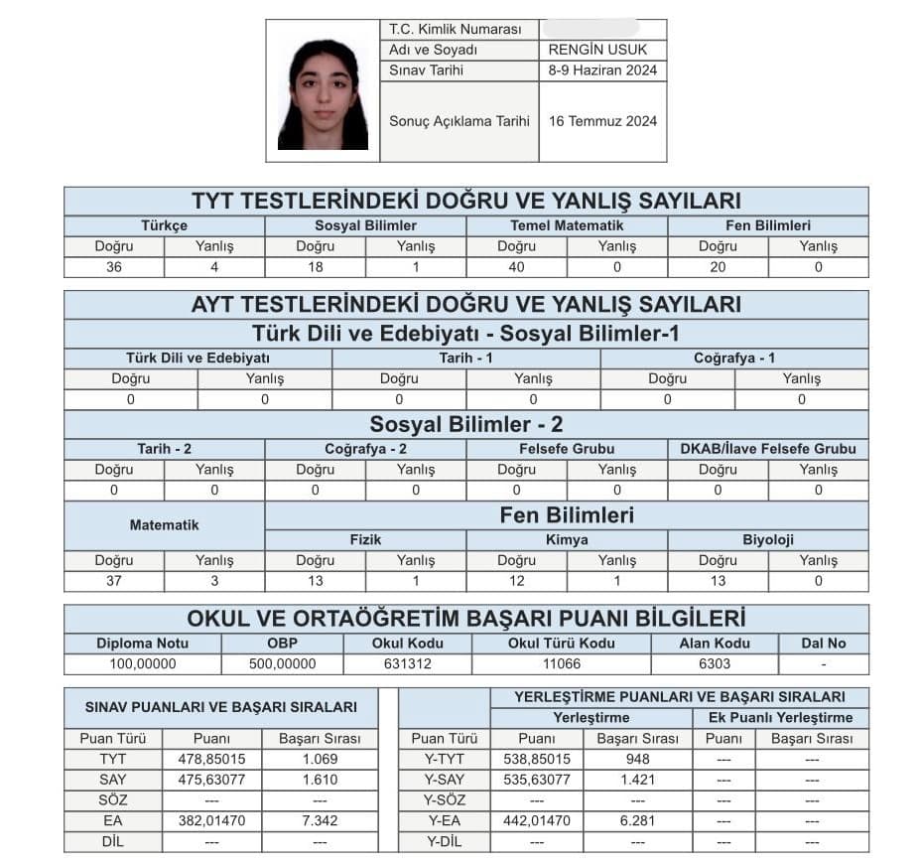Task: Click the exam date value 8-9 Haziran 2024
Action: tap(601, 71)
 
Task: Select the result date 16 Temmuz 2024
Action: tap(601, 122)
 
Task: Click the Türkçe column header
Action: tap(164, 225)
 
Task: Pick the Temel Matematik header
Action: tap(567, 225)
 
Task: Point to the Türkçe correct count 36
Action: tap(114, 267)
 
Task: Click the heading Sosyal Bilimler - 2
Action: tap(466, 425)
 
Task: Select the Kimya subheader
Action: tap(567, 540)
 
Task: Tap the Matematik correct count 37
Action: tap(114, 581)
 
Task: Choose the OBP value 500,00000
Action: tap(283, 664)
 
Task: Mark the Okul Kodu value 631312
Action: tap(408, 664)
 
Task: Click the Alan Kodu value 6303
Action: tap(714, 664)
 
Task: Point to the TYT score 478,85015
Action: tap(210, 759)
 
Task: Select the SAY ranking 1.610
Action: tap(320, 780)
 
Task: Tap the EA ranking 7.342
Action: tap(320, 821)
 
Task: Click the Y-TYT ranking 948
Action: tap(637, 759)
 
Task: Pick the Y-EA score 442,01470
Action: tap(537, 821)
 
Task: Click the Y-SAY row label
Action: tap(445, 780)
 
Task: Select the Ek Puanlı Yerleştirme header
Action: tap(780, 717)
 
